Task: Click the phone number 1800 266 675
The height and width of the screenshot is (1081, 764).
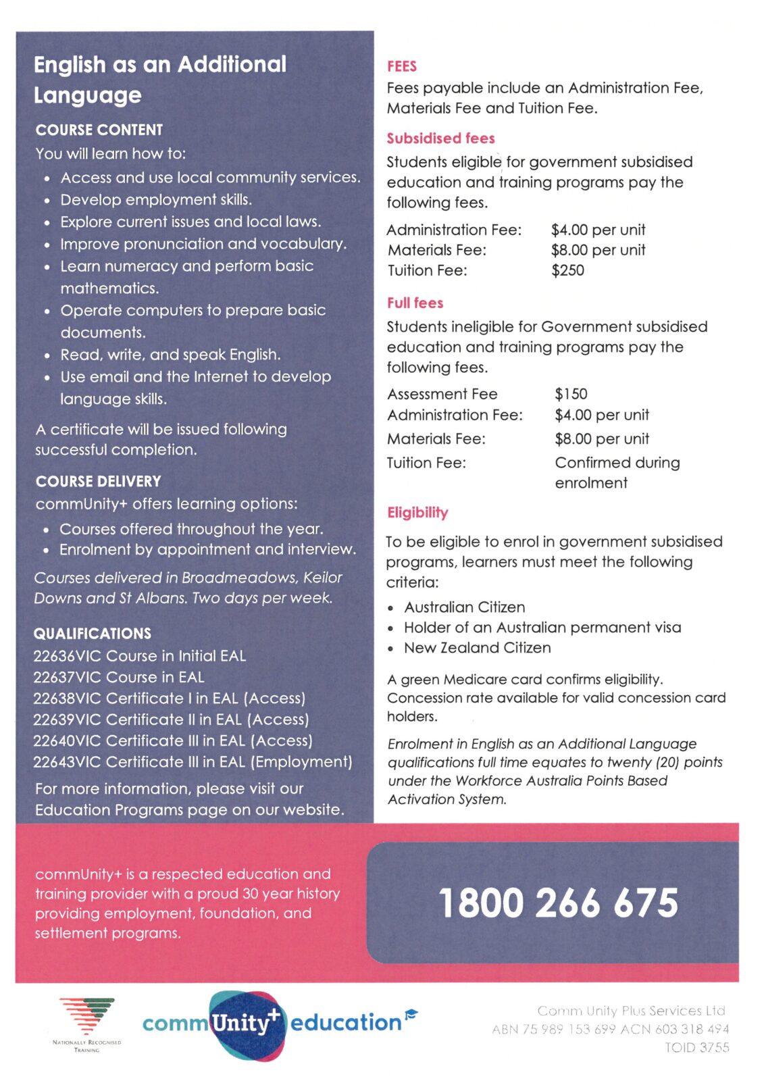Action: [558, 903]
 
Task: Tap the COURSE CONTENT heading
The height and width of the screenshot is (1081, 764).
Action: [99, 130]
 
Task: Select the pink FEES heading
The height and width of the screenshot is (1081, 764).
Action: [402, 66]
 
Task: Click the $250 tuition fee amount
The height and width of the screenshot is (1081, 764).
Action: [567, 270]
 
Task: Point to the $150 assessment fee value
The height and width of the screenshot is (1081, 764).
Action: [571, 394]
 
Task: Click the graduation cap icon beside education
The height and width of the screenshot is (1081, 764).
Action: [411, 1013]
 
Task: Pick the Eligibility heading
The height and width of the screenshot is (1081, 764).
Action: [417, 513]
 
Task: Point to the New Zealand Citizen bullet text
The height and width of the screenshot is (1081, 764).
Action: [477, 648]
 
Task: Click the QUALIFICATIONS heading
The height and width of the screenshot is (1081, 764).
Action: [93, 634]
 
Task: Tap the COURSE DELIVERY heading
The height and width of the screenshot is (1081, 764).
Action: [99, 482]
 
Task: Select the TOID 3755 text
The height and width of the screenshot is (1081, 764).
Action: [696, 1047]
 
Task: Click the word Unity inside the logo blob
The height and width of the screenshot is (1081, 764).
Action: [240, 1023]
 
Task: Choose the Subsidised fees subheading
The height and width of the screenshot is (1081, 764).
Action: [440, 139]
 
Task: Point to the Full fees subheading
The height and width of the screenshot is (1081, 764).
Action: [415, 303]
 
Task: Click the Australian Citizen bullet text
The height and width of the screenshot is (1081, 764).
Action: [464, 607]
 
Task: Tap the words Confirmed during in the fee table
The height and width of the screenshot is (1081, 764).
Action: [617, 463]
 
